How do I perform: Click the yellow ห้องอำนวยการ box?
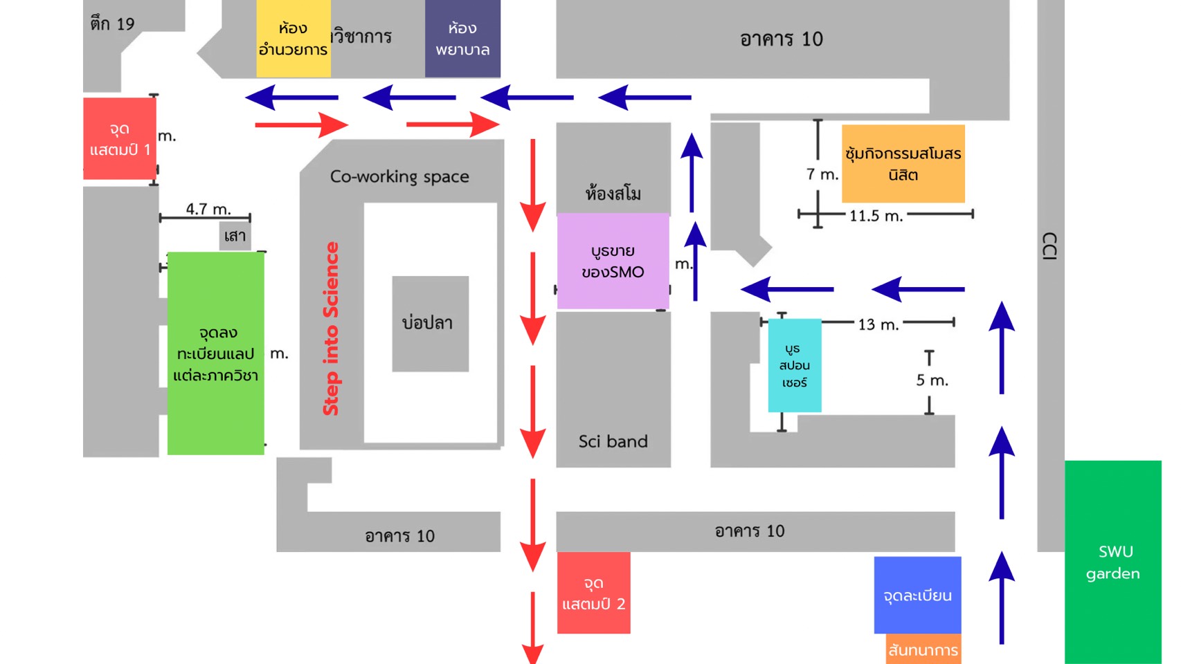(x=293, y=39)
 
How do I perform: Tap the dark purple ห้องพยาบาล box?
(x=462, y=39)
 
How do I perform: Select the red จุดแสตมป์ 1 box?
(x=119, y=138)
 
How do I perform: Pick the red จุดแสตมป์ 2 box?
(x=593, y=593)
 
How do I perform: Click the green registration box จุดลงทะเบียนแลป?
(x=215, y=353)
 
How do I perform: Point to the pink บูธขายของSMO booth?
(x=613, y=261)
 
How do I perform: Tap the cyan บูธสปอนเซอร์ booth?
(x=794, y=365)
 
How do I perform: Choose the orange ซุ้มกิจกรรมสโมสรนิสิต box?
(x=903, y=164)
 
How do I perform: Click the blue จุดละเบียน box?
(x=917, y=595)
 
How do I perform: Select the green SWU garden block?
(x=1112, y=562)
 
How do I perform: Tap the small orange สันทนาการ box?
(x=923, y=649)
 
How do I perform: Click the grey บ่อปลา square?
(x=430, y=323)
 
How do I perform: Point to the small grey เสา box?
(x=235, y=236)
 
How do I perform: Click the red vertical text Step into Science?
(x=331, y=329)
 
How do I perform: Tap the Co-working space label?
(x=399, y=176)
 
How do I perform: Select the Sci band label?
(x=613, y=441)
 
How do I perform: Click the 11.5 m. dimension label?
(x=876, y=216)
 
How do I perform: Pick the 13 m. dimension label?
(x=878, y=324)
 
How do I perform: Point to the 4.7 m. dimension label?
(x=208, y=209)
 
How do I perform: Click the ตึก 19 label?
(x=112, y=24)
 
